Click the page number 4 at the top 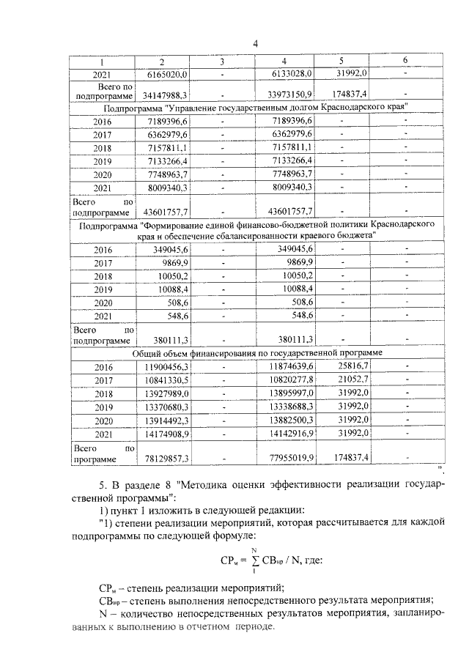254,43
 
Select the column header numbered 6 405,60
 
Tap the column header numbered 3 222,60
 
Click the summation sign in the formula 255,563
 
